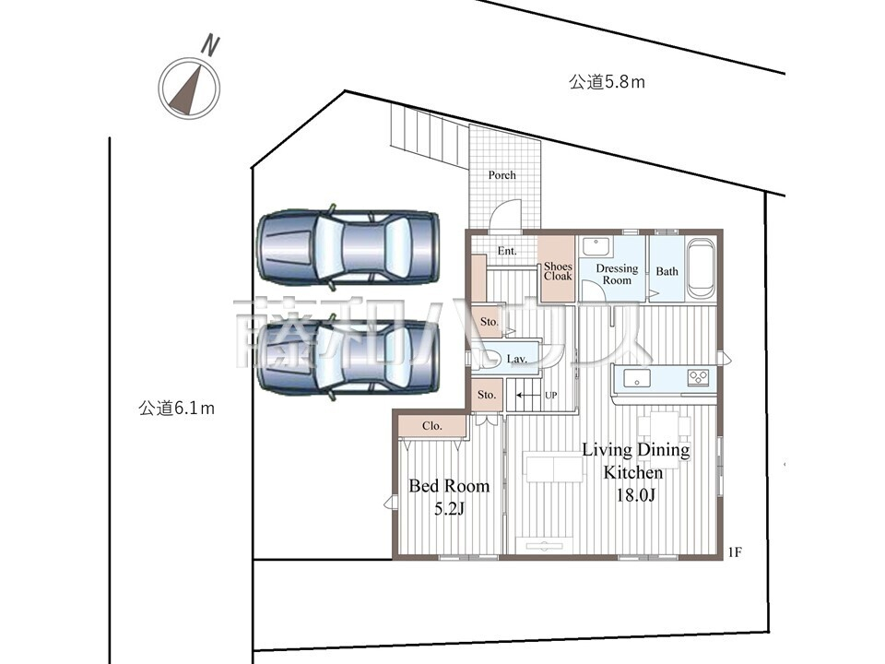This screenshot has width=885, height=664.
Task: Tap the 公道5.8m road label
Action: coord(607,82)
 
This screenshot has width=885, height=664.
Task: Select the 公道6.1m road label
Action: coord(177,408)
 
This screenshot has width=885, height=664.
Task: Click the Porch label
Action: coord(501,175)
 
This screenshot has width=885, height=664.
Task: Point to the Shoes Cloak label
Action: coord(558,271)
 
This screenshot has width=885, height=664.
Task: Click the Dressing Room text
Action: coord(617,274)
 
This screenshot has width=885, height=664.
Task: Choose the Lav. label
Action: coord(516,359)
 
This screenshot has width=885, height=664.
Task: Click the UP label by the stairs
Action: coord(551,396)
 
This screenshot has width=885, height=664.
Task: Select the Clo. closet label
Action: coord(431,426)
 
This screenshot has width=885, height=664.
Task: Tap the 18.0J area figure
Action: coord(635,495)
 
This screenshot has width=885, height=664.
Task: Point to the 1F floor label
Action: coord(735,552)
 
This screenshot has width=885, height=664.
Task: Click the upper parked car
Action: coord(348,247)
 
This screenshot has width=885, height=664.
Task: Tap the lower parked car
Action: coord(348,358)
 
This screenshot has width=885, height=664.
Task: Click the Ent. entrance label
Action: coord(507,251)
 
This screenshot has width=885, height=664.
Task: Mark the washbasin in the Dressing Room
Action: coord(595,246)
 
